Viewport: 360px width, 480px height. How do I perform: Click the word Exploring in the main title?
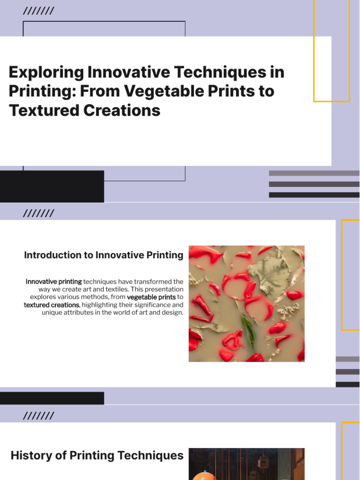pos(46,73)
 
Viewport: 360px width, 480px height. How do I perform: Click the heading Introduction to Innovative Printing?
pos(104,255)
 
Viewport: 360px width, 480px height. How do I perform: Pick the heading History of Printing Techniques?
pos(97,455)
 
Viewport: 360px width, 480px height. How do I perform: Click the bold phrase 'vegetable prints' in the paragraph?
pos(151,297)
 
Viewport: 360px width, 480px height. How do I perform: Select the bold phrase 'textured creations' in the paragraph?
pos(52,305)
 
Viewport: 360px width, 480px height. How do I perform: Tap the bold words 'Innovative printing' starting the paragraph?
pos(53,282)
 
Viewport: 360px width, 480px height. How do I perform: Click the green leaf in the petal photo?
pos(248,330)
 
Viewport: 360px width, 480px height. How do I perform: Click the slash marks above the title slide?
pos(38,11)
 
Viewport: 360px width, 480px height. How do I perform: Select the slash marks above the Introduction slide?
pos(38,214)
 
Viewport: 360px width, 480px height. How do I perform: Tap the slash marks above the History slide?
pos(38,416)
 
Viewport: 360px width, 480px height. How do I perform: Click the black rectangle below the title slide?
pos(52,186)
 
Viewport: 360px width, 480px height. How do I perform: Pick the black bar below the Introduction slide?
pos(52,398)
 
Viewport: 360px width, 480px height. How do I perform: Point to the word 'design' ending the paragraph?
pos(173,312)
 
